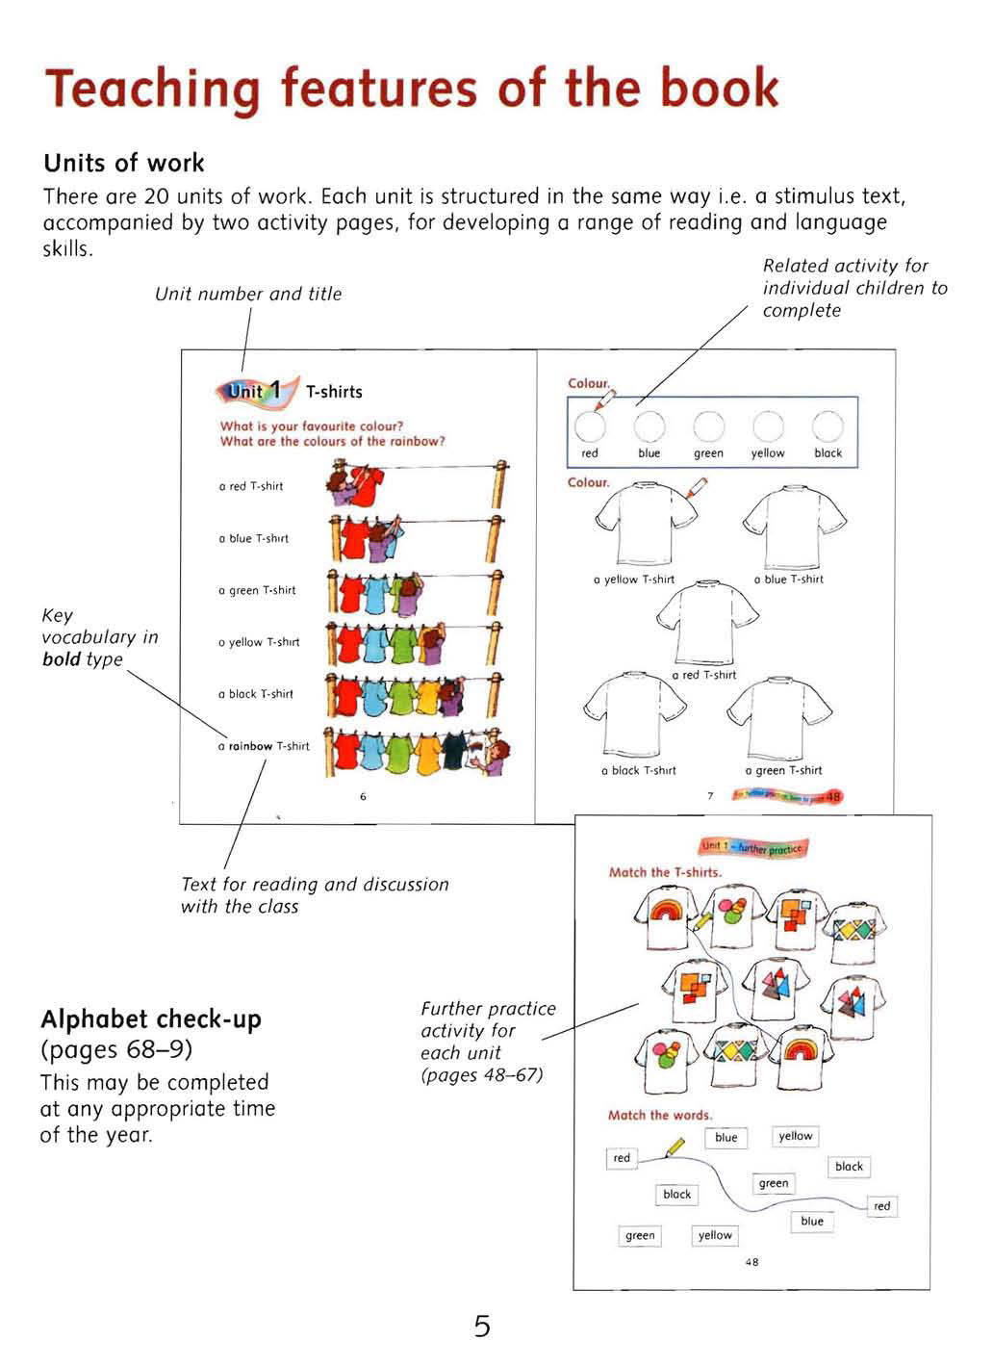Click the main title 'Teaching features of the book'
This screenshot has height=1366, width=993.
pos(412,90)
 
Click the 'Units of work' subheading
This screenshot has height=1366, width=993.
pos(124,163)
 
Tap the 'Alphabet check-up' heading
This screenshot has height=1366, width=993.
pos(151,1019)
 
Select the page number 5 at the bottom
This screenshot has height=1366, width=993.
pos(482,1327)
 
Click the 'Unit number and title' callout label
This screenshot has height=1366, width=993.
pos(248,295)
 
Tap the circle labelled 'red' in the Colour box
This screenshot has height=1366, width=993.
pos(590,425)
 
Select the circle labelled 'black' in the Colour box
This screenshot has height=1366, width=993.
pos(827,425)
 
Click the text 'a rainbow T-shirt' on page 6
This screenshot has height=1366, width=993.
pos(264,746)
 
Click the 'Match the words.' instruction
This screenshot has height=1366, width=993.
pos(660,1115)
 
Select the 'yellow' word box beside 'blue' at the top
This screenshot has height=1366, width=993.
pos(796,1136)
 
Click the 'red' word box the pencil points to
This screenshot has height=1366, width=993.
pos(622,1158)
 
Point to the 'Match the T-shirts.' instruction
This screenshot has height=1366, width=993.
pos(665,872)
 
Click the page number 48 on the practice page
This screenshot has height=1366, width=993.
pos(751,1262)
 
